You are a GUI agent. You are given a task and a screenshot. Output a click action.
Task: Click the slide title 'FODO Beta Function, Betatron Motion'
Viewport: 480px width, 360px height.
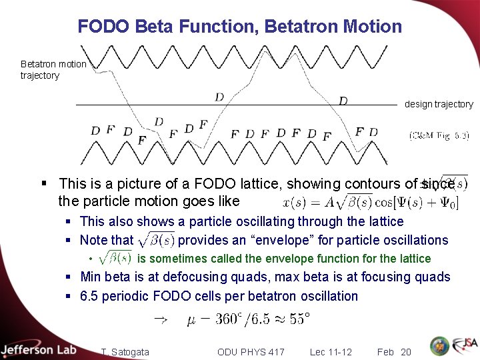coord(240,27)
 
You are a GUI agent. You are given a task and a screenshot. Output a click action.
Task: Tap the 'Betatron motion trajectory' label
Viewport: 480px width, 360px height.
coord(53,69)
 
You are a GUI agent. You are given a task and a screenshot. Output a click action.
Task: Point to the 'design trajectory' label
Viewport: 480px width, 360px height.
coord(439,104)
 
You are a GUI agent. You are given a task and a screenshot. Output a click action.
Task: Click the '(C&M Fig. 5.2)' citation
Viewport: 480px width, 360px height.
coord(439,135)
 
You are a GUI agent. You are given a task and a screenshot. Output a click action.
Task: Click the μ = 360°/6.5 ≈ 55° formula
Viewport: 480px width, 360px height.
coord(248,320)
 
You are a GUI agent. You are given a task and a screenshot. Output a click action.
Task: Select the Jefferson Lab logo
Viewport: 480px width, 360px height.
coord(39,349)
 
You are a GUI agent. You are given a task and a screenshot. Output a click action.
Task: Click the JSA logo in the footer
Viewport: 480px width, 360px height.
coord(464,346)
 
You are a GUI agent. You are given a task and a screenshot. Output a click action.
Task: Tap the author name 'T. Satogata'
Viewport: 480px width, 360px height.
coord(125,352)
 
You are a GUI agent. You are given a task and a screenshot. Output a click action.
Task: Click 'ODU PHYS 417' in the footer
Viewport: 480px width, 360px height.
coord(251,352)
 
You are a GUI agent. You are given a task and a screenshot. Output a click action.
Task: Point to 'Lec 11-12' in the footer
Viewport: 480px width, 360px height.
coord(331,352)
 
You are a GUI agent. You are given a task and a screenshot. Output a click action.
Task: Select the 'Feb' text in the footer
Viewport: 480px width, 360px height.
coord(385,352)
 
